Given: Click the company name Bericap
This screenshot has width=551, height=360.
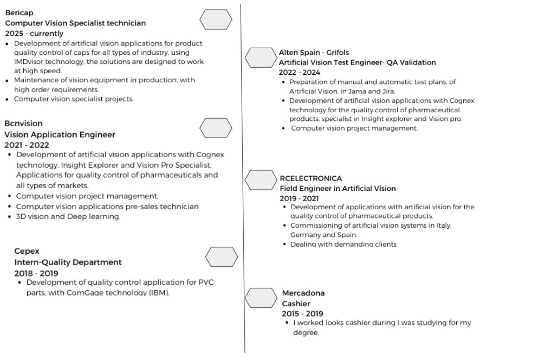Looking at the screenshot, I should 19,12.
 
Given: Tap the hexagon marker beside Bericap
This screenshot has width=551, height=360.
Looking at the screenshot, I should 216,20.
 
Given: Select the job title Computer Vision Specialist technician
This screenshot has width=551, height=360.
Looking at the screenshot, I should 75,23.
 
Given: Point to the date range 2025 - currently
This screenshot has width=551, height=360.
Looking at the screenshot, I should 34,34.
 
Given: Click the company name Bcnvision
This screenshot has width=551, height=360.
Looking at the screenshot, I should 23,124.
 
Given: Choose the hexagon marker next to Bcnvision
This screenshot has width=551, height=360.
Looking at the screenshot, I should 216,128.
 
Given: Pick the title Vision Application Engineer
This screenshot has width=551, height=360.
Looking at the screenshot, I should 60,134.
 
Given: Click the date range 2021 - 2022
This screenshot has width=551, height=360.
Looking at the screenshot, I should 27,145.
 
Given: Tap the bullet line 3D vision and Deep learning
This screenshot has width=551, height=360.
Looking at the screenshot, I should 68,217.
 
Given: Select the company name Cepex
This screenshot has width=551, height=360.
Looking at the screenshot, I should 27,251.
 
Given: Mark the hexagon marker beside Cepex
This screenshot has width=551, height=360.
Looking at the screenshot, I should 222,257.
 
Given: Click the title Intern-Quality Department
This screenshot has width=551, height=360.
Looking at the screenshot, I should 68,262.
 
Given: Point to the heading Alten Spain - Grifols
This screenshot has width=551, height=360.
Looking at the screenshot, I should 314,53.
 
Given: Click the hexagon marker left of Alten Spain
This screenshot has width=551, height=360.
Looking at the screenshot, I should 261,57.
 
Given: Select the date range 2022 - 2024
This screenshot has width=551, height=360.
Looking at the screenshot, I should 299,73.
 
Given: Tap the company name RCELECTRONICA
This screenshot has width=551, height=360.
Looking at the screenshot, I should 310,178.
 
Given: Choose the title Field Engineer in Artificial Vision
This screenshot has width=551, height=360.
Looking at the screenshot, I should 338,189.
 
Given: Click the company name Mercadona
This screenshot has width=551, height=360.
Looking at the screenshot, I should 303,293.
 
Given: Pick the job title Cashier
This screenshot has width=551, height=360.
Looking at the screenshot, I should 296,304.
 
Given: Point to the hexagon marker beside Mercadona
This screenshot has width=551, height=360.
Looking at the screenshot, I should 261,298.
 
